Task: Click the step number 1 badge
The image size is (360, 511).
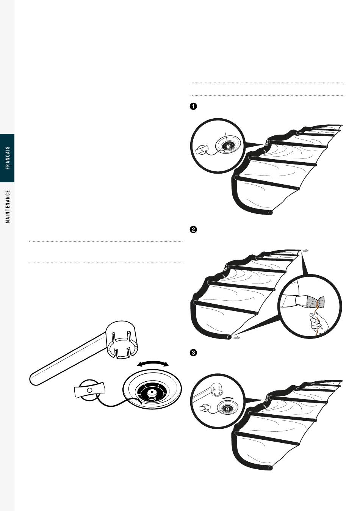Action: click(193, 107)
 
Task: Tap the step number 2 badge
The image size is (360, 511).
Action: click(193, 230)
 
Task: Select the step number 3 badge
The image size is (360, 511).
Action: click(193, 353)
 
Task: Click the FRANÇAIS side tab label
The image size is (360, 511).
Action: click(8, 158)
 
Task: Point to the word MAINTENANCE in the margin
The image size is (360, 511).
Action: click(8, 206)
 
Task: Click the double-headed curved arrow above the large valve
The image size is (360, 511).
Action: click(153, 364)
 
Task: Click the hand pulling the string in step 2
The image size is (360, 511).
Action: click(316, 323)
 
